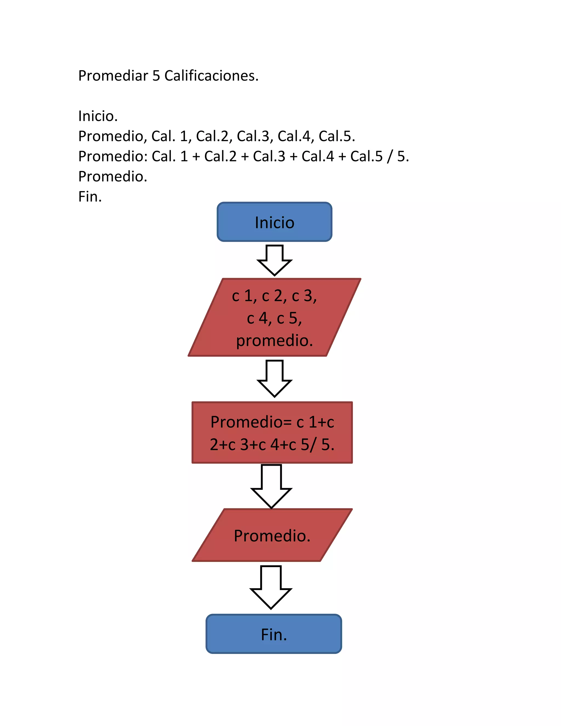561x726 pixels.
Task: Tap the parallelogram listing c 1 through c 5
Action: [274, 318]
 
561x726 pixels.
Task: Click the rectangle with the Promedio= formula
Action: [272, 433]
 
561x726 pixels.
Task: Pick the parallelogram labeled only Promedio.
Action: [272, 536]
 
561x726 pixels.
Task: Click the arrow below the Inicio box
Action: [274, 260]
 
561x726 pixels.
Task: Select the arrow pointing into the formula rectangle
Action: [274, 378]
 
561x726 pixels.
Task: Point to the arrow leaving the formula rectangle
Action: [271, 486]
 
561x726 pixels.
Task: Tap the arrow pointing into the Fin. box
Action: [271, 587]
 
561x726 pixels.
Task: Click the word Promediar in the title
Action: [113, 76]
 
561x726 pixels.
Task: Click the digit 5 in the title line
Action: [156, 76]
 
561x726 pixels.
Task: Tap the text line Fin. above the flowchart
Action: [90, 196]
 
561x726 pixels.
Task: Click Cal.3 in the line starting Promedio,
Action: [254, 136]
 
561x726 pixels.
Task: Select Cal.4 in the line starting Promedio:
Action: [317, 156]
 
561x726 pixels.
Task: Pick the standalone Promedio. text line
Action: [112, 176]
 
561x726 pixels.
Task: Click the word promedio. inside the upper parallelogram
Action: [274, 340]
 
